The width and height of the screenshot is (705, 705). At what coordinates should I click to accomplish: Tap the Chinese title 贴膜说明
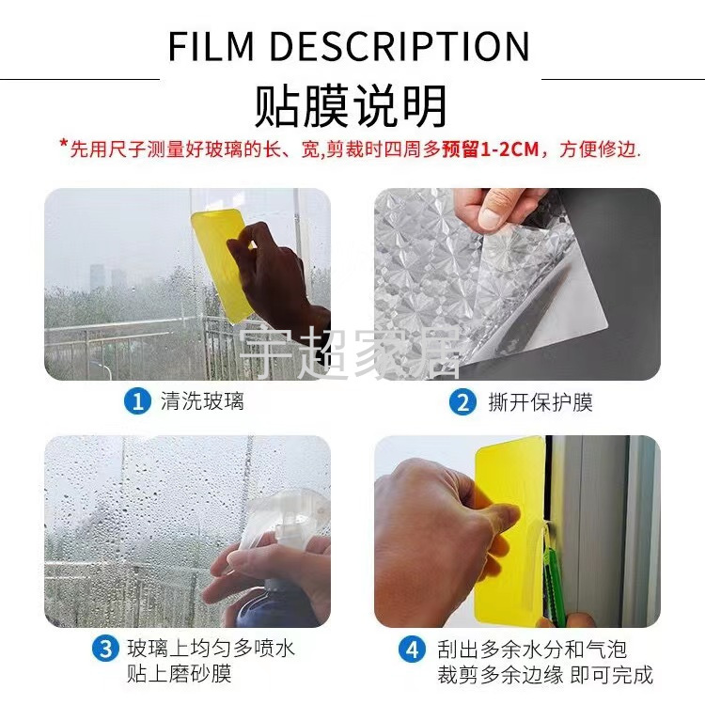352,107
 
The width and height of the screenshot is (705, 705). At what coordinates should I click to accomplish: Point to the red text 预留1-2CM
490,149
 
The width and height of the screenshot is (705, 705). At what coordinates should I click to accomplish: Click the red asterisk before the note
64,144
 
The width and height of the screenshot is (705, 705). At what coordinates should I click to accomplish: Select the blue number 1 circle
136,401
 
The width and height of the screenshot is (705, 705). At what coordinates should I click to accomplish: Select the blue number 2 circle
462,402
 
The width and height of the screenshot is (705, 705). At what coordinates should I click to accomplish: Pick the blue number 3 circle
105,649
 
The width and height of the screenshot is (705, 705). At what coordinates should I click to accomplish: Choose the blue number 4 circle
412,650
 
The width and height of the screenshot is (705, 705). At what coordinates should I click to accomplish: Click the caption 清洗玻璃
202,401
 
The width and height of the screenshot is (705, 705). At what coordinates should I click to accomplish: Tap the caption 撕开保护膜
540,402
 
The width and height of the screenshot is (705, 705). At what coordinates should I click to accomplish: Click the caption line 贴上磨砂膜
179,674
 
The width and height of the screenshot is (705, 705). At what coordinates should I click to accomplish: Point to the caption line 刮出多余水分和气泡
532,650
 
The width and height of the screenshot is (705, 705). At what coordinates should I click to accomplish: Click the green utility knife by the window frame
552,580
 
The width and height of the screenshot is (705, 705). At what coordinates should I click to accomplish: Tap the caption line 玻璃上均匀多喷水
211,649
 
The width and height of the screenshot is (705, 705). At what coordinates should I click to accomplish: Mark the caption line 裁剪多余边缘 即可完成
545,675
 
